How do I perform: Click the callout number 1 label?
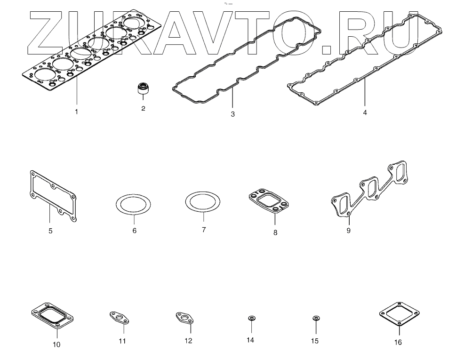coord(76,112)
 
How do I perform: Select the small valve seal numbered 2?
coord(141,88)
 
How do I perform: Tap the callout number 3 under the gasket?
coord(232,115)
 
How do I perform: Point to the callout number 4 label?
coord(365,113)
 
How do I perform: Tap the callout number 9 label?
coord(348,231)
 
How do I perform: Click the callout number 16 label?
coord(398,343)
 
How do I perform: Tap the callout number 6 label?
coord(134,231)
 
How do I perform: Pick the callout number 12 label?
coord(188,341)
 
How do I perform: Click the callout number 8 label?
coord(276,232)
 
